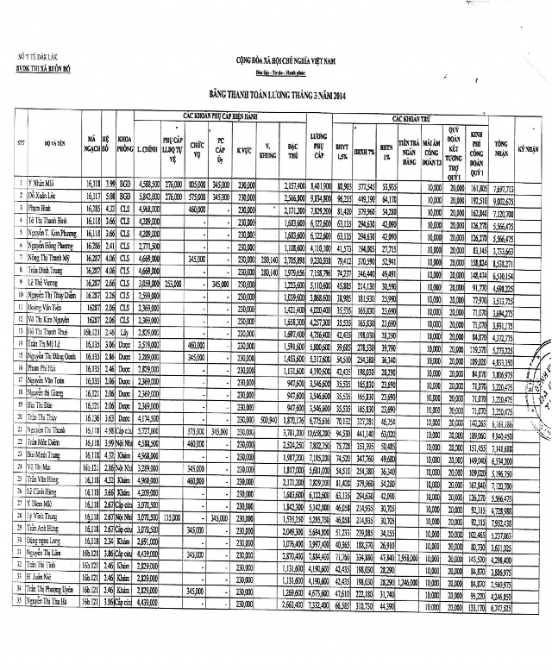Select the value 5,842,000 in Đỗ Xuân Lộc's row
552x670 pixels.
coord(147,197)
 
